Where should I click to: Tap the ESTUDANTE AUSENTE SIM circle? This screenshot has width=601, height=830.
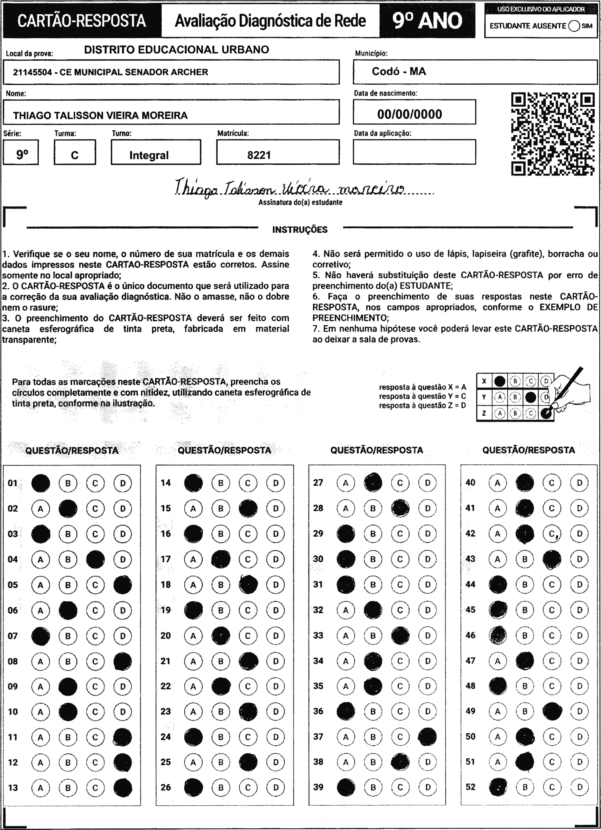point(574,26)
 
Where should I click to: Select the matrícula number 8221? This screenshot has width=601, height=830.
point(259,155)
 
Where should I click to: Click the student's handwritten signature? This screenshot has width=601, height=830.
point(289,189)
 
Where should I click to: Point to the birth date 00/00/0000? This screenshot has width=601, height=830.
point(410,114)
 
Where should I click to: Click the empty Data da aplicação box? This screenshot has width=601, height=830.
point(414,152)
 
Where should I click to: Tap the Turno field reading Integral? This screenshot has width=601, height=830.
point(149,155)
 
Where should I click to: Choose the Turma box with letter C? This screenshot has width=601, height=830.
point(75,155)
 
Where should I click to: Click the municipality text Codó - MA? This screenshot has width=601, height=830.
point(399,71)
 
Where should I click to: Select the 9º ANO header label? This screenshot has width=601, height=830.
point(427,21)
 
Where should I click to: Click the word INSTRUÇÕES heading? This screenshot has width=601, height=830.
point(300,230)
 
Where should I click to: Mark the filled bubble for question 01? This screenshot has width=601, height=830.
point(40,483)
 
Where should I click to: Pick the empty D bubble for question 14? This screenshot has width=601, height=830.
point(276,483)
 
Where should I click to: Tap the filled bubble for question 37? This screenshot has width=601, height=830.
point(427,737)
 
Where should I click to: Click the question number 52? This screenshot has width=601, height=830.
point(470,787)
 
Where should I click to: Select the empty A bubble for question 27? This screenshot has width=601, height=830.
point(345,483)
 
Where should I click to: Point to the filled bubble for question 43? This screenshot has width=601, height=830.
point(552,559)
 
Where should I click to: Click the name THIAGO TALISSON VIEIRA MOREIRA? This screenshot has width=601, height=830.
point(100,116)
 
